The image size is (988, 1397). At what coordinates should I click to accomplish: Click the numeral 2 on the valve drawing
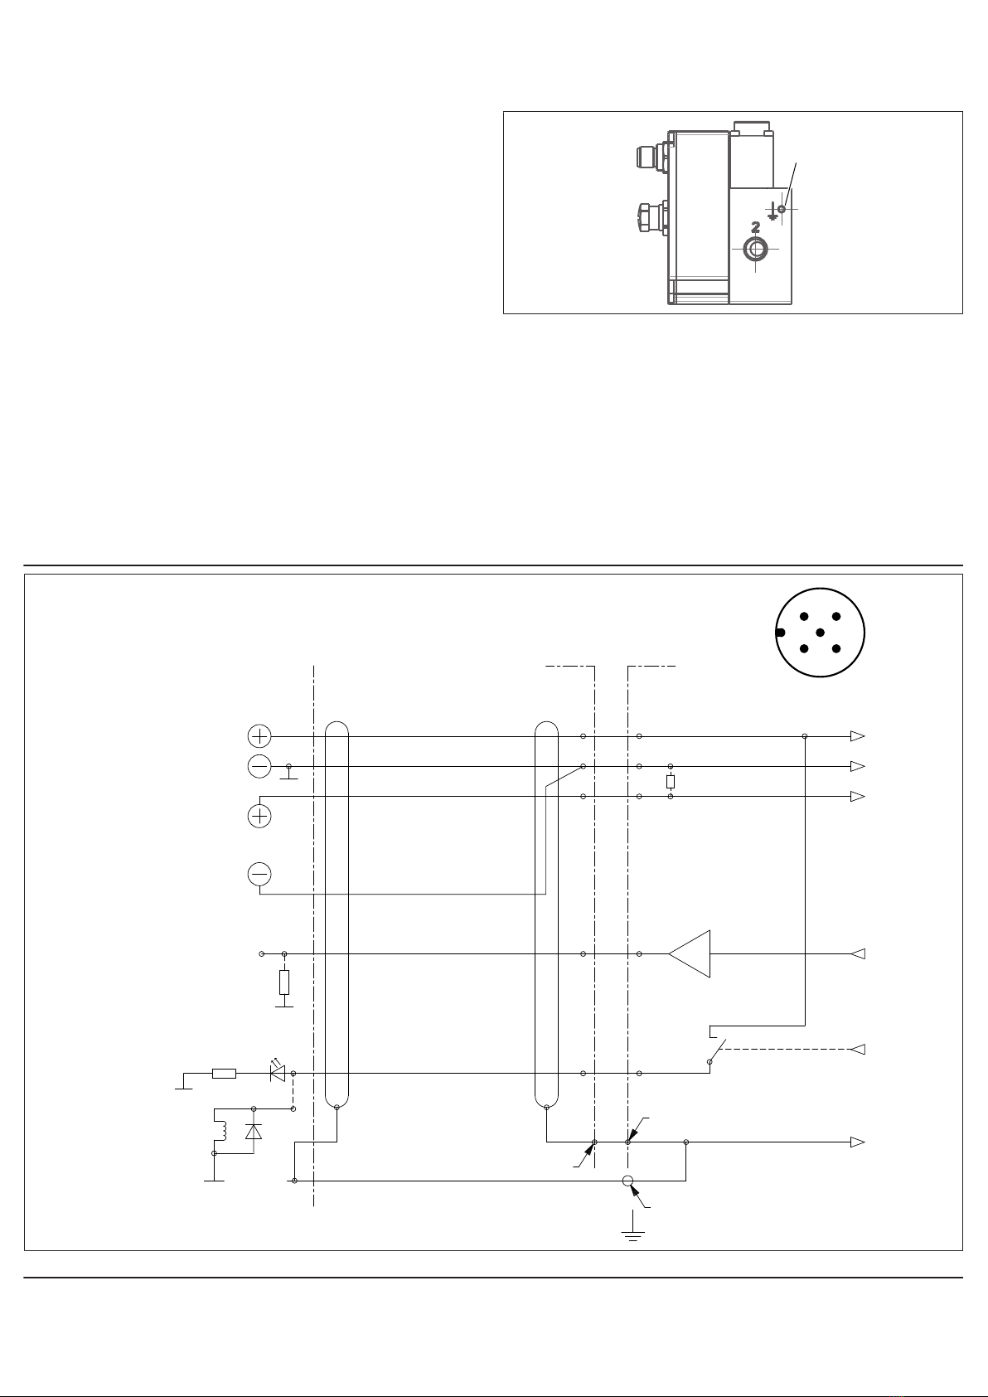[x=755, y=227]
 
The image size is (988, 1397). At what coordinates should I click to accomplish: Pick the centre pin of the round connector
[x=821, y=633]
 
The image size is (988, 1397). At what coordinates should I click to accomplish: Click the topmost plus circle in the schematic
[x=259, y=735]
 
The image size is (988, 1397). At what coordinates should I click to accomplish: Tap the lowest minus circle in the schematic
[x=259, y=874]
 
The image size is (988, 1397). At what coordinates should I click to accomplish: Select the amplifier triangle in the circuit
[x=690, y=954]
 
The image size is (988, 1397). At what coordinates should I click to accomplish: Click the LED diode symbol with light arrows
[x=278, y=1073]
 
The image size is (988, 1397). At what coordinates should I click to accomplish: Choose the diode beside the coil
[x=254, y=1131]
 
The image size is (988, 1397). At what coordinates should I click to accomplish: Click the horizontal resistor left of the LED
[x=224, y=1074]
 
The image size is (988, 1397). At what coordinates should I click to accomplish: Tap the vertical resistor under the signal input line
[x=284, y=982]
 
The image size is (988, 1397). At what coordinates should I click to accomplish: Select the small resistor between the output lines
[x=671, y=781]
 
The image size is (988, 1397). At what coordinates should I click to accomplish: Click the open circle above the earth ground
[x=627, y=1181]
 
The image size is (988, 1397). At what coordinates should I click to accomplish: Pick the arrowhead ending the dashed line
[x=859, y=1050]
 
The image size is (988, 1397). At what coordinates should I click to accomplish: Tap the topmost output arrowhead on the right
[x=858, y=736]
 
